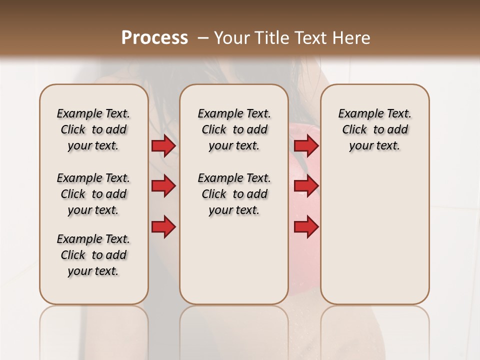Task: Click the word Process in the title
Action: click(154, 37)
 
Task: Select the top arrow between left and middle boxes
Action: click(163, 145)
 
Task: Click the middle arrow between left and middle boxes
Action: click(163, 186)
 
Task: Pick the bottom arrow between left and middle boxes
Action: click(163, 227)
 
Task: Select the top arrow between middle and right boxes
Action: click(306, 145)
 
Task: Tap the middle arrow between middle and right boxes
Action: click(306, 186)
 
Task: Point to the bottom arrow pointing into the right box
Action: click(306, 227)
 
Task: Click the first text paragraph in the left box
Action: click(93, 129)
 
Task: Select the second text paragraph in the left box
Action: click(93, 194)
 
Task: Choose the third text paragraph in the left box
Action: click(93, 255)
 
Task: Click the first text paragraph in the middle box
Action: click(234, 129)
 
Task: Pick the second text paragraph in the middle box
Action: click(234, 194)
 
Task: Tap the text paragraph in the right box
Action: click(374, 129)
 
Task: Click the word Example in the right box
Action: click(356, 114)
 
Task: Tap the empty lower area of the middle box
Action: click(234, 260)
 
